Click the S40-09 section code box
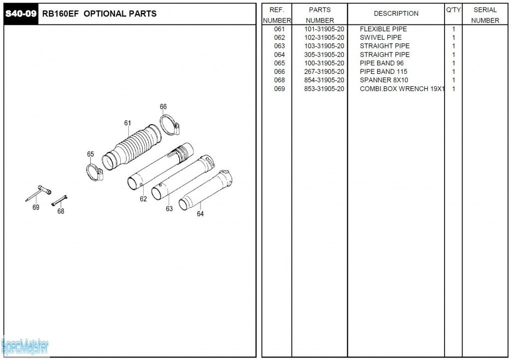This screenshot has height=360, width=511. pyautogui.click(x=20, y=13)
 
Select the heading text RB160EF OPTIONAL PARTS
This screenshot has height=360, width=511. pyautogui.click(x=99, y=14)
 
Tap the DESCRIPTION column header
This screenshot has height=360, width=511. pyautogui.click(x=396, y=13)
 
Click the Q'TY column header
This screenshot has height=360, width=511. pyautogui.click(x=453, y=10)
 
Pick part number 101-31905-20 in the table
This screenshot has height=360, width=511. pyautogui.click(x=324, y=29)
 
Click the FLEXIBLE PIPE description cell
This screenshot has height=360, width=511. pyautogui.click(x=383, y=29)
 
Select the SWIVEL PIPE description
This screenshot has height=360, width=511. pyautogui.click(x=380, y=38)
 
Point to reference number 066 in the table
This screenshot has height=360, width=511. pyautogui.click(x=279, y=72)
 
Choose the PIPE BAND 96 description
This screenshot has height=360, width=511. pyautogui.click(x=382, y=63)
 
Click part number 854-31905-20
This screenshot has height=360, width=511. pyautogui.click(x=324, y=80)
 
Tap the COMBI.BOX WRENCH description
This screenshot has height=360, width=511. pyautogui.click(x=402, y=89)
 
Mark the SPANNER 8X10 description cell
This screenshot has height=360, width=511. pyautogui.click(x=384, y=80)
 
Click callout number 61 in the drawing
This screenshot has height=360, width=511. pyautogui.click(x=128, y=123)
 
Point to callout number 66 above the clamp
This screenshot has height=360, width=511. pyautogui.click(x=163, y=107)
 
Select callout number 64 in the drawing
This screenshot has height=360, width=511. pyautogui.click(x=200, y=214)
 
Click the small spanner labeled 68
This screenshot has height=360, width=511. pyautogui.click(x=59, y=200)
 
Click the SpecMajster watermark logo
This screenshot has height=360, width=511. pyautogui.click(x=25, y=346)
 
